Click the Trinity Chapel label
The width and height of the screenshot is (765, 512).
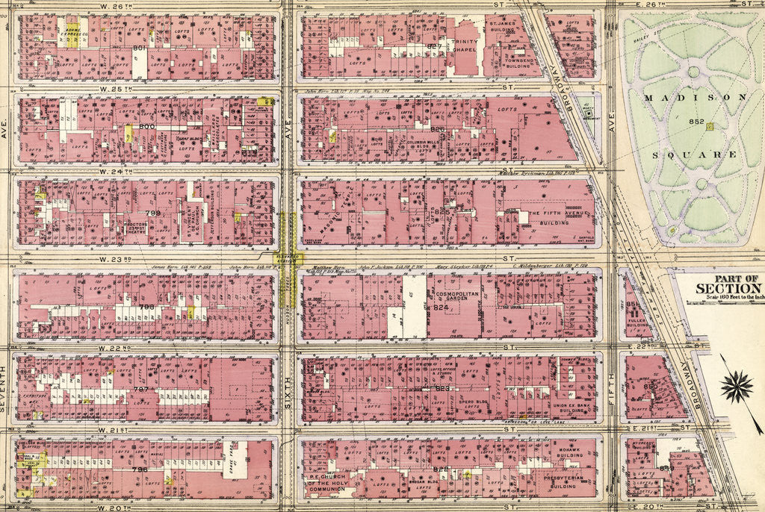pyautogui.click(x=464, y=46)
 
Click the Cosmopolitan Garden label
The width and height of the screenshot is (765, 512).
pyautogui.click(x=456, y=299)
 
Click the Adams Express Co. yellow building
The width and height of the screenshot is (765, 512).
pyautogui.click(x=73, y=34)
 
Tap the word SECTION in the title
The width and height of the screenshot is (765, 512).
pyautogui.click(x=728, y=289)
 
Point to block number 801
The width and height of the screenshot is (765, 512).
pyautogui.click(x=139, y=49)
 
